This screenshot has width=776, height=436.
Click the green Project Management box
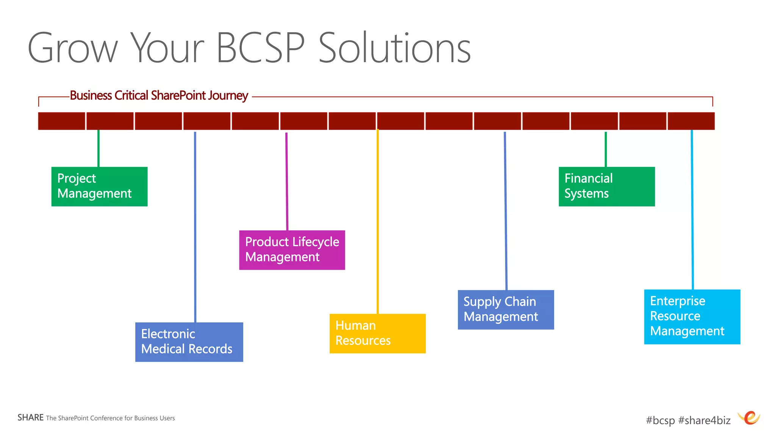coord(99,186)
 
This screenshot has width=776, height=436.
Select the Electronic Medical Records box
coord(189,342)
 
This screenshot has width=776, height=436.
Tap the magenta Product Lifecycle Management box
coord(292,250)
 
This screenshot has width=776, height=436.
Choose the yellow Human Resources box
coord(377,333)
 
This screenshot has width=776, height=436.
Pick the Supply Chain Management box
coord(505,309)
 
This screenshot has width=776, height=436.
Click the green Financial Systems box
coord(606,186)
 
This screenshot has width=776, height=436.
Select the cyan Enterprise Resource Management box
coord(692,317)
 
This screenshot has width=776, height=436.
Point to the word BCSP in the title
coord(260,48)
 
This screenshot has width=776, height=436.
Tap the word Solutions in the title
coord(394,48)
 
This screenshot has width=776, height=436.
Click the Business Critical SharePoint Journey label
coord(159,95)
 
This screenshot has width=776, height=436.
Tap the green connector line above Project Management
coord(99,148)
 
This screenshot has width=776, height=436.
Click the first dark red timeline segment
coord(61,121)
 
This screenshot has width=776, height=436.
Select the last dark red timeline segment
coord(691,121)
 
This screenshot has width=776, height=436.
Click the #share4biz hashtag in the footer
coord(704,420)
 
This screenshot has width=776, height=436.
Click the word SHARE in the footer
coord(30,417)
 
